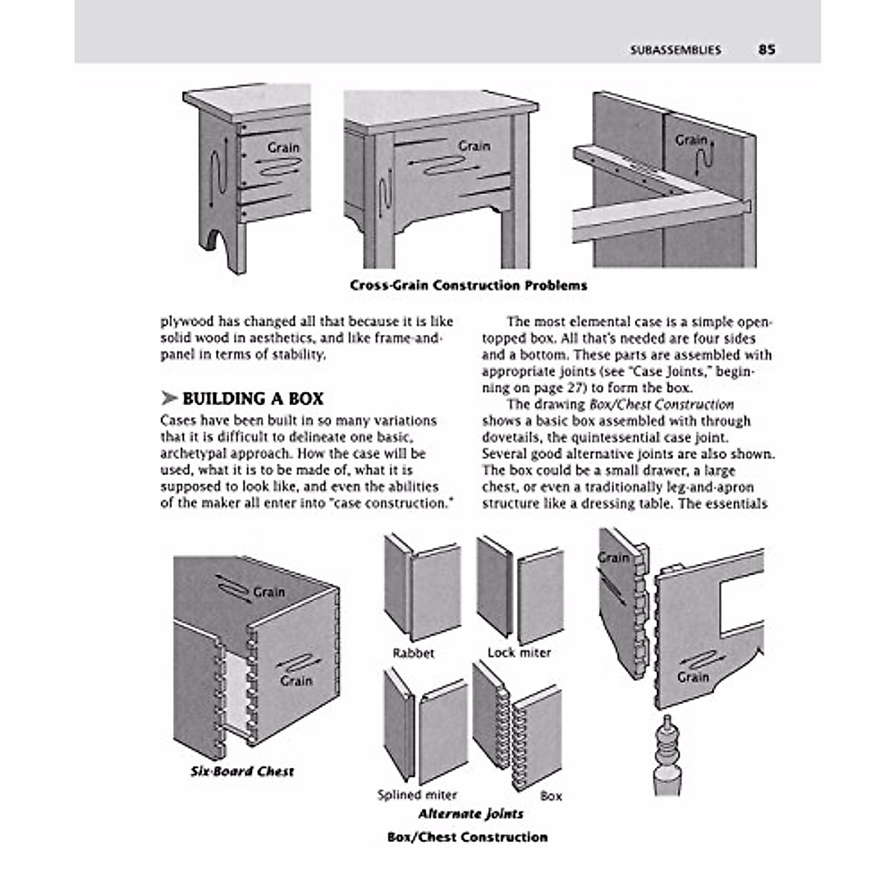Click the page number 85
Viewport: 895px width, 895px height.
point(767,50)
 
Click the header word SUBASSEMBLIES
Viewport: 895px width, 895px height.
point(675,51)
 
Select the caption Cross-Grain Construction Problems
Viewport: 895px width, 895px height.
point(468,286)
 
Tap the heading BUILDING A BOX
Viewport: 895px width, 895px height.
point(252,399)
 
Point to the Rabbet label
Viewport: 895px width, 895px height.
point(413,653)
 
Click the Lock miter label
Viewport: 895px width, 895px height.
point(519,653)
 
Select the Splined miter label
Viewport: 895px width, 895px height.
point(417,795)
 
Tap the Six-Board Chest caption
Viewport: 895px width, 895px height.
point(242,771)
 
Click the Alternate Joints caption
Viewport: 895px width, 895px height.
point(471,814)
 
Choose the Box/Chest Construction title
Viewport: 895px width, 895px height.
point(468,837)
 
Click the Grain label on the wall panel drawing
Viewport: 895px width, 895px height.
point(691,140)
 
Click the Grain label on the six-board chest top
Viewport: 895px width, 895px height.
point(268,592)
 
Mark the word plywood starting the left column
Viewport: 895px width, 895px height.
point(186,322)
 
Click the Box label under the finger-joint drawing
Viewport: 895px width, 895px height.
point(550,796)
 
